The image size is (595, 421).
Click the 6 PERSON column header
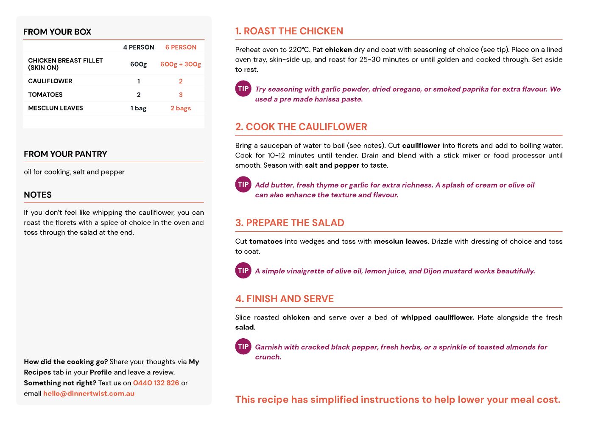click(x=181, y=47)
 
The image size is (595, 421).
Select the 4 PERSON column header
click(x=139, y=47)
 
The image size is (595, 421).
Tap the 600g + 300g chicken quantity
click(x=181, y=64)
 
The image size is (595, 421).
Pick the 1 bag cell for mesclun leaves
click(x=138, y=108)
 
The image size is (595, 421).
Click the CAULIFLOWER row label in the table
click(x=50, y=81)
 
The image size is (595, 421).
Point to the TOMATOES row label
click(x=45, y=95)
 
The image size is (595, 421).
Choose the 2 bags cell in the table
click(x=181, y=108)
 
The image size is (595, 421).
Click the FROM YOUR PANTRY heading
click(x=65, y=154)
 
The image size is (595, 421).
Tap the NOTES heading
click(x=38, y=195)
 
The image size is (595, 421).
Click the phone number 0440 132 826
click(x=156, y=383)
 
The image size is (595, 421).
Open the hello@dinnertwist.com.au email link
click(x=89, y=393)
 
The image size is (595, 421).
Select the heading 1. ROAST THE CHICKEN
click(x=289, y=31)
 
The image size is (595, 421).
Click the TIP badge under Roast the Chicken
click(x=243, y=89)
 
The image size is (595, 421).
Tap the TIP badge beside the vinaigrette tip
click(x=243, y=270)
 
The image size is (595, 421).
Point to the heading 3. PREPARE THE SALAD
click(x=290, y=223)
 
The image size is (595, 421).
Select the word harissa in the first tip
click(x=326, y=99)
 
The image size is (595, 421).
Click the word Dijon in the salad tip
click(x=433, y=271)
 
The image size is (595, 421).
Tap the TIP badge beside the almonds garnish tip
click(x=243, y=346)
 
